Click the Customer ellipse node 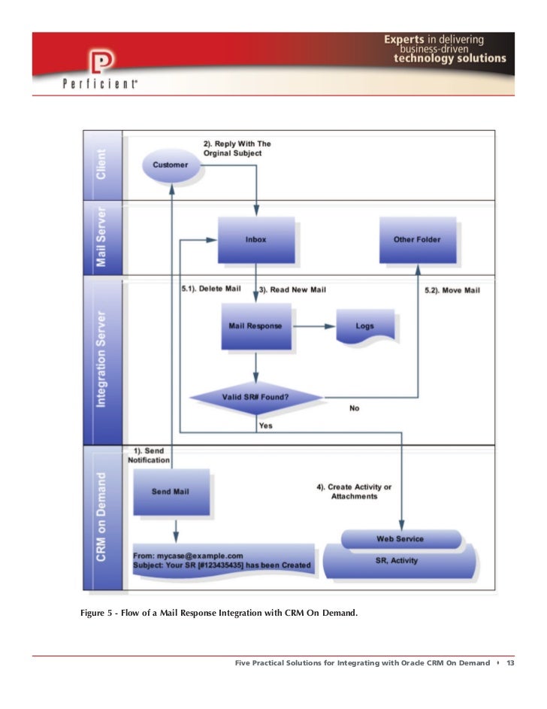[x=171, y=164]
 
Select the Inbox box [x=255, y=239]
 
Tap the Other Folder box [x=417, y=239]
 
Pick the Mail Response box [x=255, y=326]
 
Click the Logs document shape [x=364, y=326]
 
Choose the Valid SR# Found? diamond [x=255, y=395]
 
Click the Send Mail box [x=171, y=492]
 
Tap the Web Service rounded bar [x=400, y=538]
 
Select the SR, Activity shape [x=400, y=561]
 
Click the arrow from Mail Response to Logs [x=313, y=326]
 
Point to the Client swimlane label [x=101, y=164]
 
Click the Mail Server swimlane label [x=101, y=238]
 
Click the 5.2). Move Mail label [x=452, y=289]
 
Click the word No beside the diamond [x=355, y=408]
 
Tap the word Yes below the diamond [x=265, y=426]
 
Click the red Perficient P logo [x=98, y=62]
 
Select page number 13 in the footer [x=510, y=663]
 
